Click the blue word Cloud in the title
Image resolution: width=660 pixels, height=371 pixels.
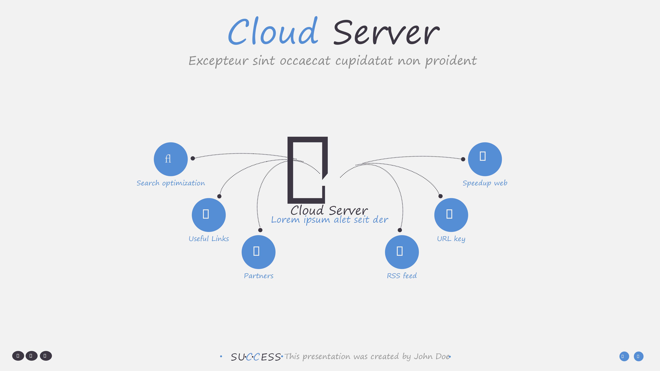pyautogui.click(x=273, y=32)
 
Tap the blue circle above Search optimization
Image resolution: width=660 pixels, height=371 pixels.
pyautogui.click(x=171, y=159)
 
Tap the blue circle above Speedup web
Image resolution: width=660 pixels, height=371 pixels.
pyautogui.click(x=485, y=159)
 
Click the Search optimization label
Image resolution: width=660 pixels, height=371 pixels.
pyautogui.click(x=171, y=183)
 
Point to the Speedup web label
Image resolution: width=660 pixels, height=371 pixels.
pyautogui.click(x=485, y=183)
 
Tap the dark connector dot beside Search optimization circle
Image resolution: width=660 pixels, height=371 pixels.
pyautogui.click(x=193, y=158)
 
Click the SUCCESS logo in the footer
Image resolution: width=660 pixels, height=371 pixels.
pyautogui.click(x=256, y=357)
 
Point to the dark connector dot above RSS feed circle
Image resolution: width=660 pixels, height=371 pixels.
pyautogui.click(x=400, y=230)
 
